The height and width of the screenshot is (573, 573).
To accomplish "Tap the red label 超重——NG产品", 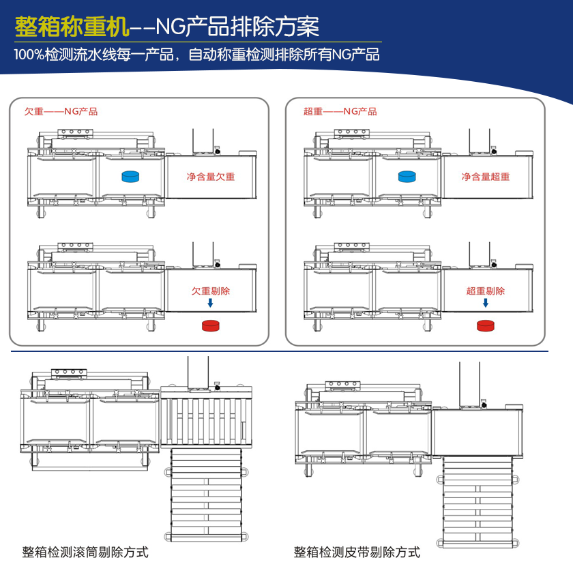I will pyautogui.click(x=340, y=112).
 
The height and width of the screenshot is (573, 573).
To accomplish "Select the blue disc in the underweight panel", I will pyautogui.click(x=130, y=177).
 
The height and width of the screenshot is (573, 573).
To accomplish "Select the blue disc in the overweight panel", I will pyautogui.click(x=408, y=177).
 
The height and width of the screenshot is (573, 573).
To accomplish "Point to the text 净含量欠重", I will pyautogui.click(x=211, y=177).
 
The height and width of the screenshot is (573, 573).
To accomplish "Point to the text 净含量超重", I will pyautogui.click(x=486, y=177).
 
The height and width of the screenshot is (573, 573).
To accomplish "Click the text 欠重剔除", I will pyautogui.click(x=211, y=291).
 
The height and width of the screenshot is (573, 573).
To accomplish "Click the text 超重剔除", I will pyautogui.click(x=486, y=291).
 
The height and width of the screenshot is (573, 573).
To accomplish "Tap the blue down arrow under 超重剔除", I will pyautogui.click(x=486, y=304).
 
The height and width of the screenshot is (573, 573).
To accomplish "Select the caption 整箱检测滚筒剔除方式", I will pyautogui.click(x=85, y=552).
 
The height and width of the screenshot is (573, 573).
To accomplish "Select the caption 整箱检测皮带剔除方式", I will pyautogui.click(x=357, y=552).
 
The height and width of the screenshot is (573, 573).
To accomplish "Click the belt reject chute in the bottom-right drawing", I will pyautogui.click(x=477, y=501).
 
